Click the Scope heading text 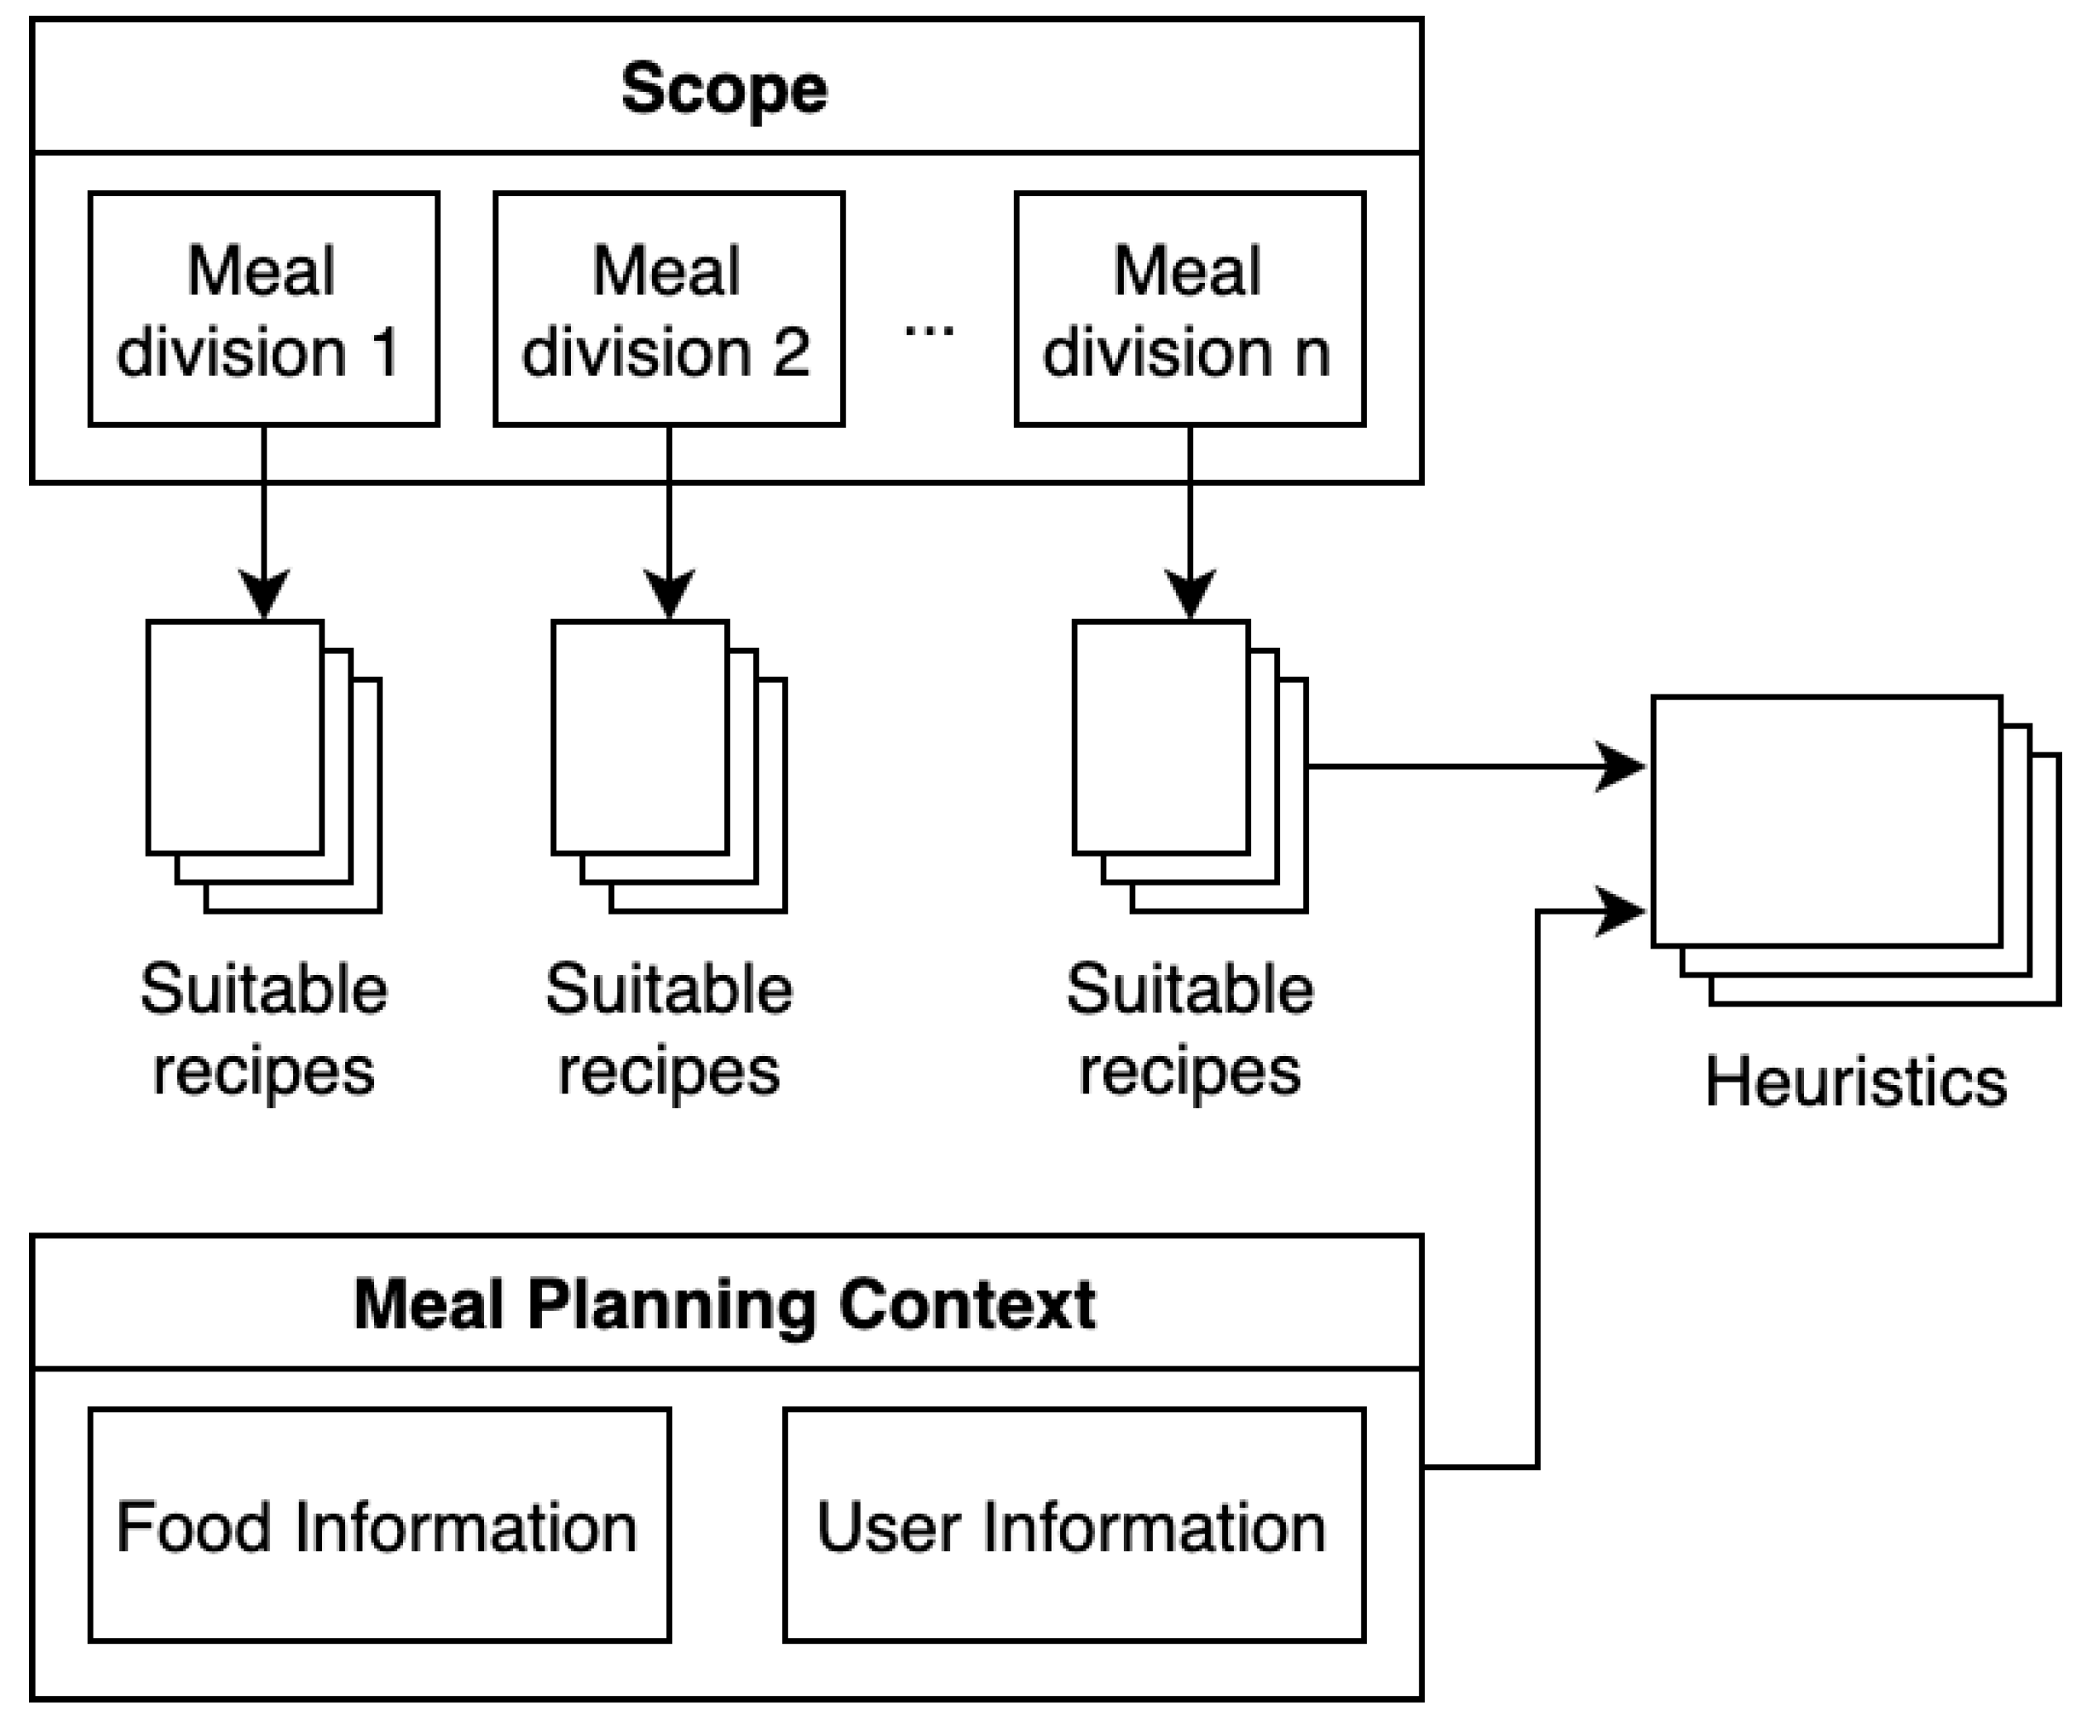tap(724, 89)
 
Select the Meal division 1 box tap(264, 310)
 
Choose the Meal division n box tap(1190, 310)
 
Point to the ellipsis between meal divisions tap(928, 329)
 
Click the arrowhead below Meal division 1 tap(264, 593)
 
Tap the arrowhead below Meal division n tap(1190, 593)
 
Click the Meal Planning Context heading tap(724, 1304)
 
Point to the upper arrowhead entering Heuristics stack tap(1621, 767)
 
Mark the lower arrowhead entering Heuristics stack tap(1621, 911)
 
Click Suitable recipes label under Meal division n tap(1190, 1030)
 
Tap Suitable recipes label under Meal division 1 tap(264, 1030)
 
